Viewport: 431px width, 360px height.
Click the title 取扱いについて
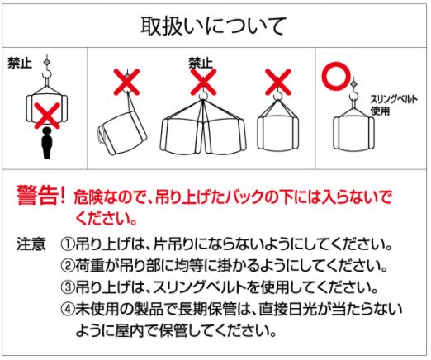pyautogui.click(x=213, y=26)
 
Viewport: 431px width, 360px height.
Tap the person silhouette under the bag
pyautogui.click(x=47, y=143)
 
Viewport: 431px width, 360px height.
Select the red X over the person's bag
pyautogui.click(x=47, y=116)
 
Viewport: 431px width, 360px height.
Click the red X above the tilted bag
pyautogui.click(x=126, y=82)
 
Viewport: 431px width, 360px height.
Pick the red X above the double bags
pyautogui.click(x=203, y=82)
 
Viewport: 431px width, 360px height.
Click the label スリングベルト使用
pyautogui.click(x=394, y=105)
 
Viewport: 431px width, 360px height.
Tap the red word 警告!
pyautogui.click(x=41, y=195)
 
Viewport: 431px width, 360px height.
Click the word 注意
pyautogui.click(x=31, y=244)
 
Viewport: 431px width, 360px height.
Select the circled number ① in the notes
pyautogui.click(x=68, y=244)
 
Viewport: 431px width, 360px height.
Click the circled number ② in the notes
pyautogui.click(x=68, y=266)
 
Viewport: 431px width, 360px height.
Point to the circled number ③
pyautogui.click(x=68, y=287)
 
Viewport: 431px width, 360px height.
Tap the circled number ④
pyautogui.click(x=68, y=309)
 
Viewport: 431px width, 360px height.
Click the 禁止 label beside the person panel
pyautogui.click(x=20, y=63)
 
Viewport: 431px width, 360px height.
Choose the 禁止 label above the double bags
pyautogui.click(x=201, y=63)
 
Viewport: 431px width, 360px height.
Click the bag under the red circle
pyautogui.click(x=353, y=133)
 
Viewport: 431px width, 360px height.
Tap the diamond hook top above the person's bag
pyautogui.click(x=47, y=62)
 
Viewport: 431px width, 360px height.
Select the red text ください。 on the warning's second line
pyautogui.click(x=106, y=219)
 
